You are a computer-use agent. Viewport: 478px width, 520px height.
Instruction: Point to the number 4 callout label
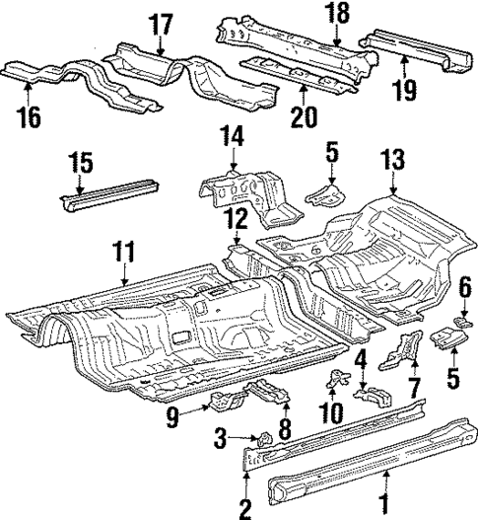click(361, 358)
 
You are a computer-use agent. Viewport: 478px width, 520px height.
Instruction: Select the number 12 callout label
click(237, 218)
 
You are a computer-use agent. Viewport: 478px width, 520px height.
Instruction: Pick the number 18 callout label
click(336, 12)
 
